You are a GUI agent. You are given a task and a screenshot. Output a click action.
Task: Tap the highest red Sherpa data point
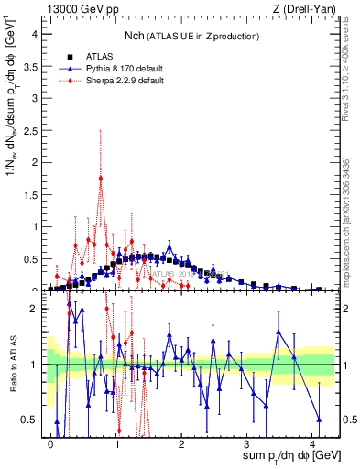tap(101, 178)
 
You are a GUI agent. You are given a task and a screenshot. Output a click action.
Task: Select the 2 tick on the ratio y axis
tap(36, 309)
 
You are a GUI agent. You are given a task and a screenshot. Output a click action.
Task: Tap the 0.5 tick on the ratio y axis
tap(32, 420)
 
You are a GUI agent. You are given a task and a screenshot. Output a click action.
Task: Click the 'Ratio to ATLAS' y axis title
tap(12, 364)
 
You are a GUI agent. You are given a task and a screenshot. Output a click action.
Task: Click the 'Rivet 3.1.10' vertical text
tap(351, 87)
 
